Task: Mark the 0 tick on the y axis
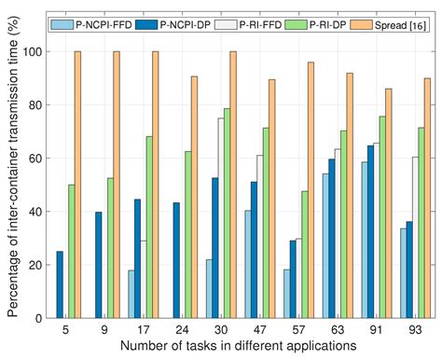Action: pos(39,318)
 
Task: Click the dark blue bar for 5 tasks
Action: pos(61,284)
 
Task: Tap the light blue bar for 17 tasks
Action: pos(130,294)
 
